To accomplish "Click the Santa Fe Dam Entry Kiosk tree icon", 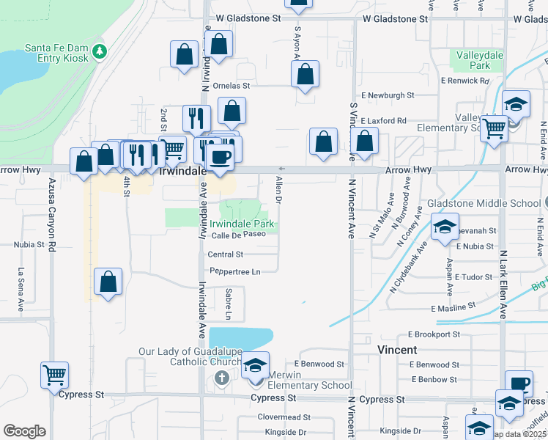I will click(x=100, y=52).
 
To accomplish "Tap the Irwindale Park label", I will click(x=242, y=224).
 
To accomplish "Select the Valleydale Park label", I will click(x=473, y=60).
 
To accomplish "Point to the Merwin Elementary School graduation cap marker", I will click(x=255, y=366).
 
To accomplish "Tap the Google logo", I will click(x=24, y=431).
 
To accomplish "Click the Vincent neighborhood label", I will click(x=396, y=350).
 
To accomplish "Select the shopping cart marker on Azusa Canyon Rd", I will click(x=55, y=375).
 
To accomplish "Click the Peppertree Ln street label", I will click(x=235, y=271).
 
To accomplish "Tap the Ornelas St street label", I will click(x=226, y=85).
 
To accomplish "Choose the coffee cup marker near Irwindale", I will click(x=218, y=156).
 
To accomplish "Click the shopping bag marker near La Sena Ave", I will click(x=108, y=282).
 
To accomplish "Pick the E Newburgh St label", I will click(x=388, y=95).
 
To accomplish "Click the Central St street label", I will click(x=225, y=254).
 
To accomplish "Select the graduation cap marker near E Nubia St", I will click(x=445, y=227).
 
